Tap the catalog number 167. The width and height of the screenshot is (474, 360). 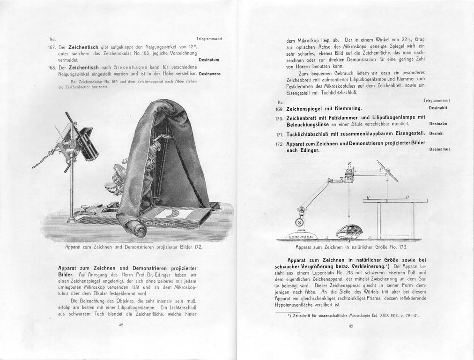click(x=52, y=47)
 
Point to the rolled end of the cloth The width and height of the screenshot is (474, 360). click(x=134, y=229)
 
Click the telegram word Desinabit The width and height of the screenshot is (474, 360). click(x=438, y=108)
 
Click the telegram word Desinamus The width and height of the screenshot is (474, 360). click(x=439, y=149)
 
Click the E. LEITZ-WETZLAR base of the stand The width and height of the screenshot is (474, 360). click(x=301, y=237)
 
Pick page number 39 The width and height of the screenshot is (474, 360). click(x=350, y=326)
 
